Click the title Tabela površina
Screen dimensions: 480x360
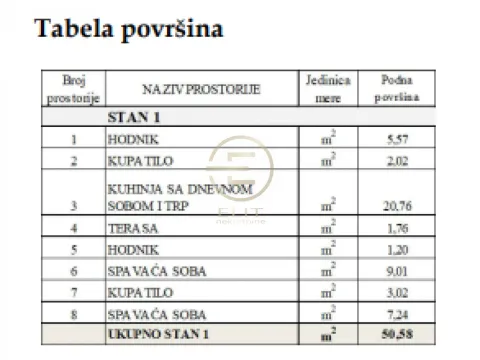coord(128,29)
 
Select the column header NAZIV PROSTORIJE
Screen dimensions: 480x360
coord(200,89)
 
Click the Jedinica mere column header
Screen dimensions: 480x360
coord(326,90)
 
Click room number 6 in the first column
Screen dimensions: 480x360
coord(73,271)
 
